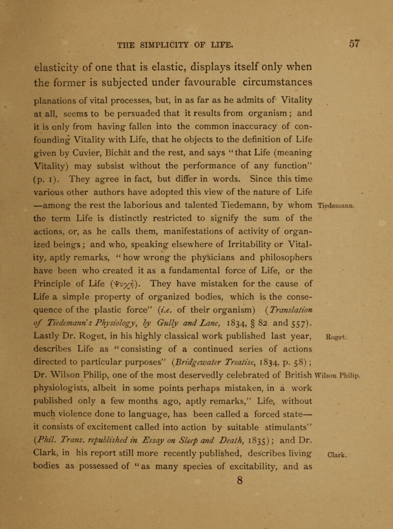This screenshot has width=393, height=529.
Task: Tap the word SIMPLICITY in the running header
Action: pos(167,46)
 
